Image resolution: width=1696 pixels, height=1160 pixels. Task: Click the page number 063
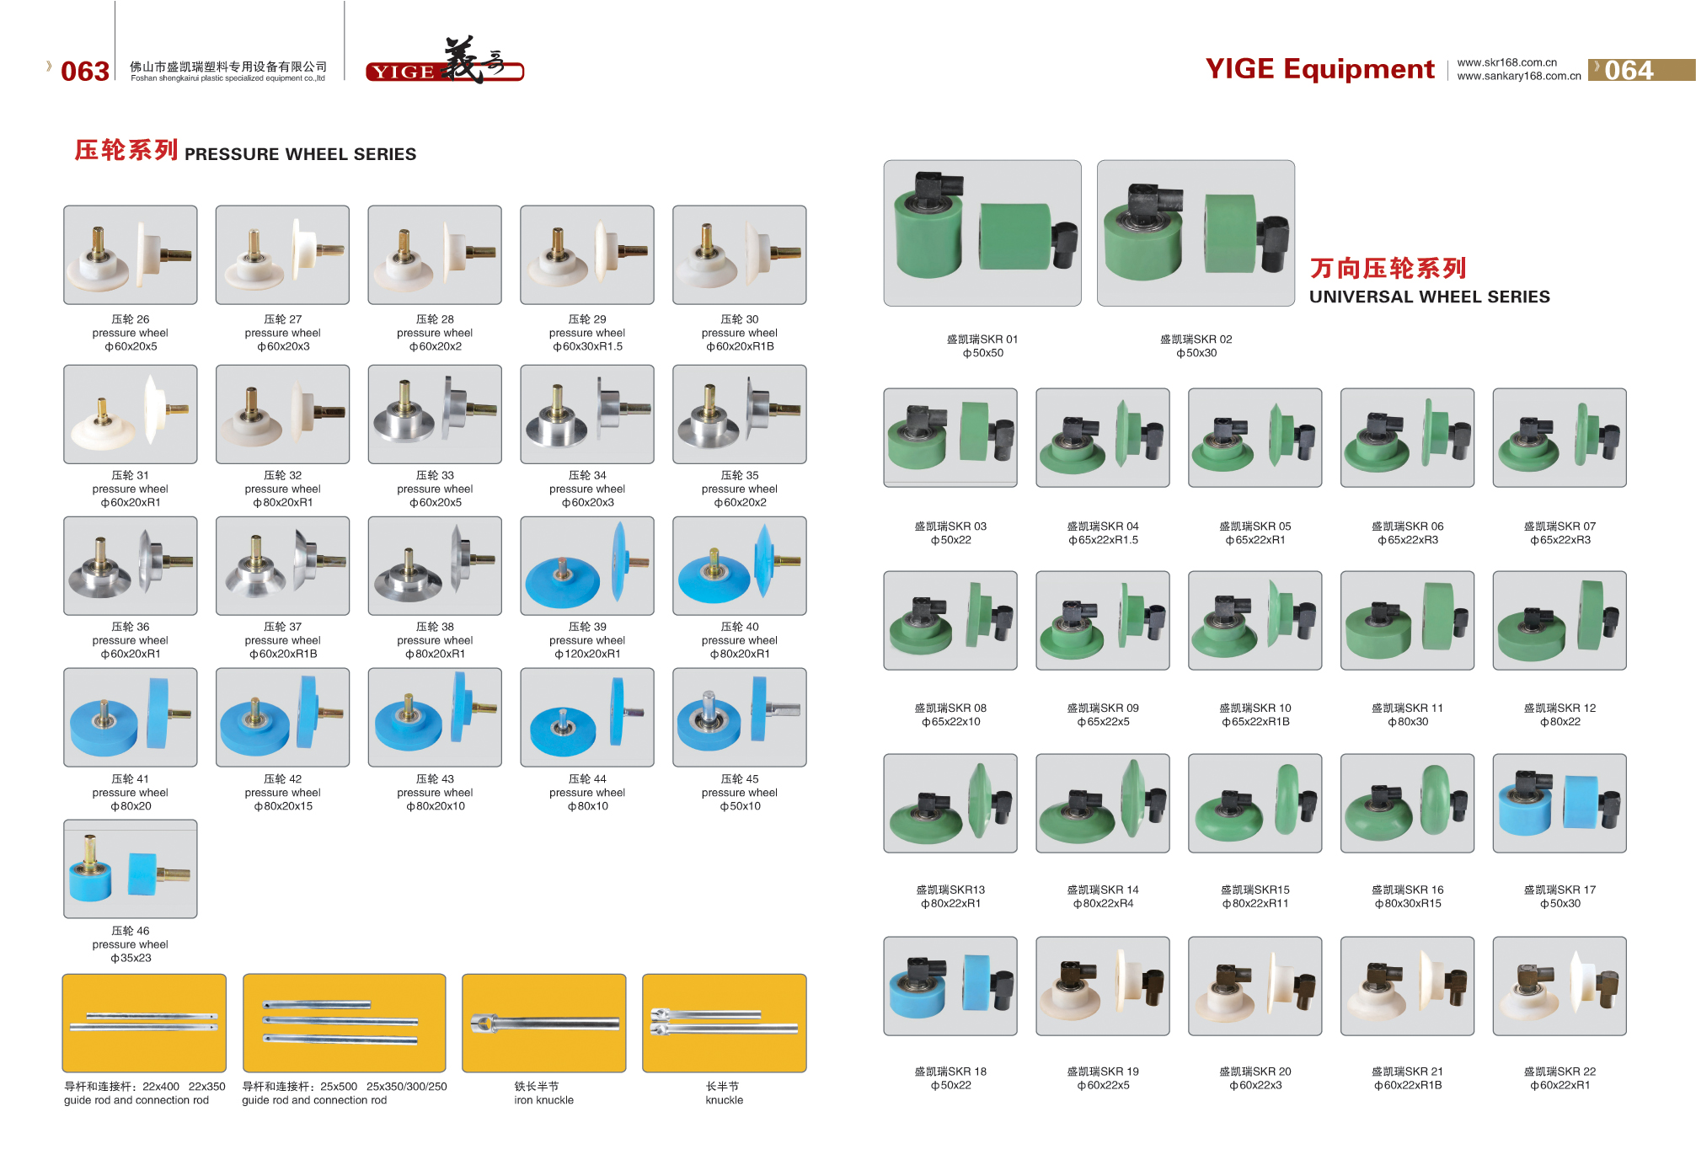click(x=84, y=71)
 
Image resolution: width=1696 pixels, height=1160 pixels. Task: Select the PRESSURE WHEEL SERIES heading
click(x=300, y=154)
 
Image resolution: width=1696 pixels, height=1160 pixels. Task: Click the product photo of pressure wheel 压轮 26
click(x=131, y=254)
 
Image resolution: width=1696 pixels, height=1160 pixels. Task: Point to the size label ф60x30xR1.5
click(x=587, y=347)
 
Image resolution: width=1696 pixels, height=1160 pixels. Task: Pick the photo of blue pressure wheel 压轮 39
click(x=587, y=565)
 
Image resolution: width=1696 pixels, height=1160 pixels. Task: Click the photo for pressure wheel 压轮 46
click(x=131, y=869)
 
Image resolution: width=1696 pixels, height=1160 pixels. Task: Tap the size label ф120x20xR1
click(x=587, y=655)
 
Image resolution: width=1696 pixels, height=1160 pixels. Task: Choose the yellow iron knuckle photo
click(x=543, y=1023)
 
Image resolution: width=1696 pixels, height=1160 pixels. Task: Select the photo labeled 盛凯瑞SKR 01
click(x=982, y=233)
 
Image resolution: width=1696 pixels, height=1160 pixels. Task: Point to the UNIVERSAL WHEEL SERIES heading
click(x=1429, y=297)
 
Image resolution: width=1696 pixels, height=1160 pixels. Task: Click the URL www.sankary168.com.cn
click(x=1518, y=76)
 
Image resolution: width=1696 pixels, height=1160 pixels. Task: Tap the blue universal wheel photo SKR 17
click(x=1559, y=803)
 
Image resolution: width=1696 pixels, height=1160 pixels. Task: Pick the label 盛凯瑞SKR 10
click(x=1255, y=708)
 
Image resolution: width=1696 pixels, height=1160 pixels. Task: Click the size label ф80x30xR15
click(x=1407, y=904)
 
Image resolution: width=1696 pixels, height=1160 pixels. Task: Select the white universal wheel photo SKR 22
click(x=1559, y=986)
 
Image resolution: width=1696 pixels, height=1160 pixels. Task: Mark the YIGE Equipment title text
click(x=1319, y=69)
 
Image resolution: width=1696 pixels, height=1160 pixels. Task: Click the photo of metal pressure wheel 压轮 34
click(x=587, y=414)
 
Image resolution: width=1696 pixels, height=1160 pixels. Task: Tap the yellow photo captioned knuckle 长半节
click(x=724, y=1023)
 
